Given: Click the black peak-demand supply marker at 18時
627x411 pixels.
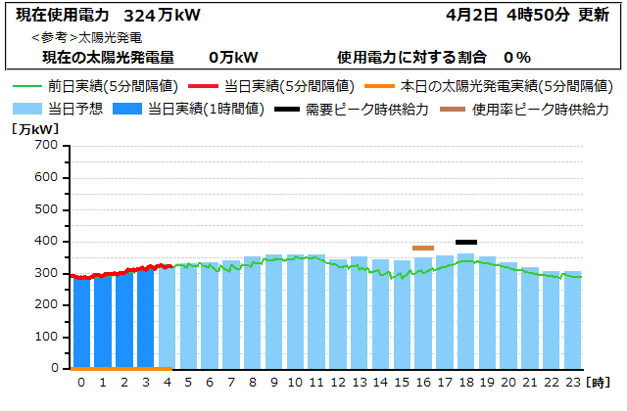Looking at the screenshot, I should pos(466,242).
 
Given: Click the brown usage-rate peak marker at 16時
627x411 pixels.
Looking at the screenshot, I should pos(423,248).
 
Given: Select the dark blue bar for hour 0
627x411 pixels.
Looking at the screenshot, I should pos(81,323).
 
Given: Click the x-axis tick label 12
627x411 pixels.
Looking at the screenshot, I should pos(337,382).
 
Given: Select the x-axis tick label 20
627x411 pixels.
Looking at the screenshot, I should pos(508,382).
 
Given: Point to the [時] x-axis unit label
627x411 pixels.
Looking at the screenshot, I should pos(600,382).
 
